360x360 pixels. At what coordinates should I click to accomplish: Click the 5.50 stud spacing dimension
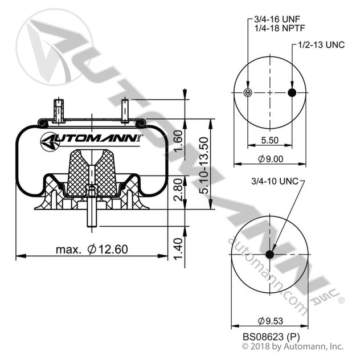point(269,140)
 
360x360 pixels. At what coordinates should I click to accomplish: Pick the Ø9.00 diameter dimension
point(270,160)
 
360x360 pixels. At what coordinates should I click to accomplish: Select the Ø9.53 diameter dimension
point(270,321)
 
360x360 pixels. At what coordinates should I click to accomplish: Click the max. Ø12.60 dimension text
point(92,249)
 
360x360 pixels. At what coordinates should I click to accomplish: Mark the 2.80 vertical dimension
point(178,190)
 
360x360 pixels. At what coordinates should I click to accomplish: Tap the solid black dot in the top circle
point(292,93)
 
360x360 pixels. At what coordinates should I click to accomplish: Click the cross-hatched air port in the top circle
point(247,93)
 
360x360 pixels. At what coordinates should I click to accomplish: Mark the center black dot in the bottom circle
point(269,254)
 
